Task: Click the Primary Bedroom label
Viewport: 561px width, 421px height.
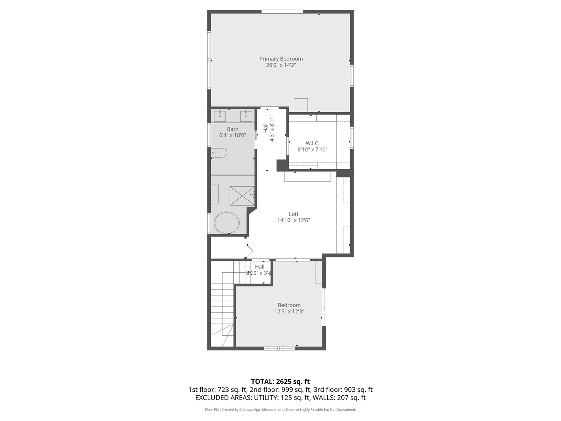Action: [281, 59]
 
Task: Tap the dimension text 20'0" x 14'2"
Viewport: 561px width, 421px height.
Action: [281, 65]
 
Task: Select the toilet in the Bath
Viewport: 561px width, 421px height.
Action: [219, 153]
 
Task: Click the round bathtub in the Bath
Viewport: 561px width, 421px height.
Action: [227, 223]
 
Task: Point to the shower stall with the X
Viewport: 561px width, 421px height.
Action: [242, 196]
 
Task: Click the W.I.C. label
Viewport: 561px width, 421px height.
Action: [312, 143]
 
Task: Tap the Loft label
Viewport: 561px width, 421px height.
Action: [294, 214]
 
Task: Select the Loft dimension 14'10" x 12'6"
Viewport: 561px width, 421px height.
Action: [294, 220]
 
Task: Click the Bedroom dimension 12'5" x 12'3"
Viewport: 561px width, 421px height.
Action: [289, 311]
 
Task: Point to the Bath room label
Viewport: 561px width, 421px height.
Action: [233, 129]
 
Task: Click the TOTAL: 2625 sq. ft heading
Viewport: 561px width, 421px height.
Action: [280, 381]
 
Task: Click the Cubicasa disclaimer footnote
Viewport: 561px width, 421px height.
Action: [280, 409]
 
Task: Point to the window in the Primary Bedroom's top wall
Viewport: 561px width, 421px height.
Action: [282, 12]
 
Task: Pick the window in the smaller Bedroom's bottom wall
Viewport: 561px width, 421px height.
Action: [279, 348]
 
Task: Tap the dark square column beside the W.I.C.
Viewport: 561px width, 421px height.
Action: [282, 165]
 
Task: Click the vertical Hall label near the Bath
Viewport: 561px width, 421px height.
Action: [266, 128]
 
